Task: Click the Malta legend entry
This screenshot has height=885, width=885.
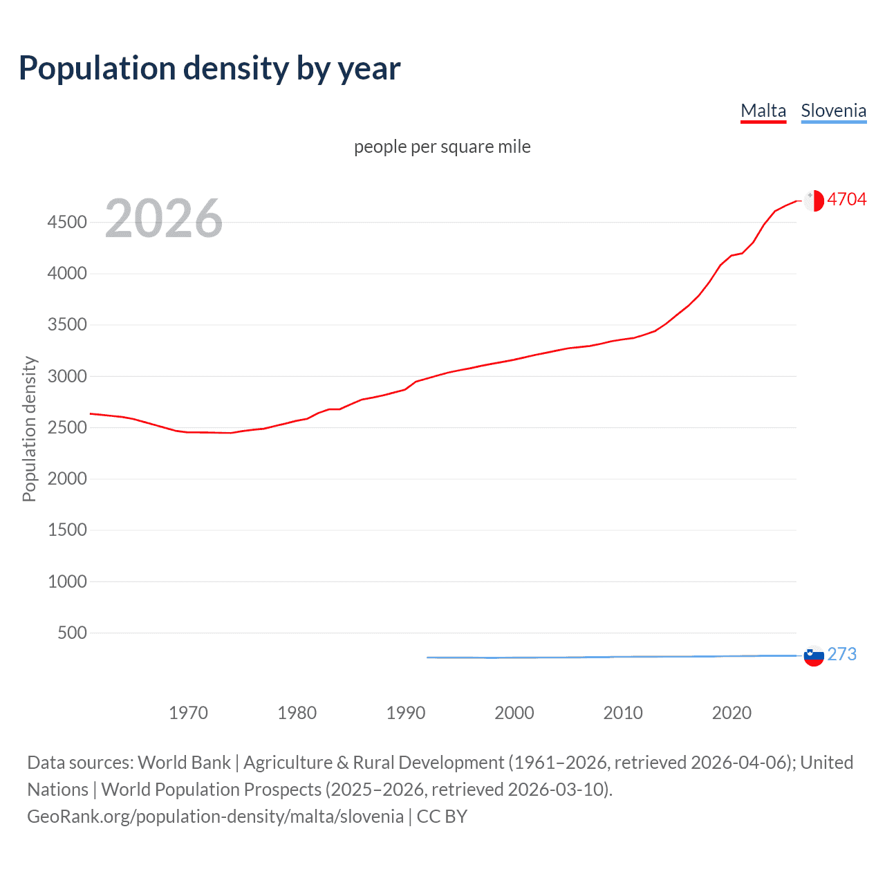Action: (763, 111)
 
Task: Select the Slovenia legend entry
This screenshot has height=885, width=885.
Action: (833, 111)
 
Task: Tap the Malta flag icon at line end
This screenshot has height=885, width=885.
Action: (814, 201)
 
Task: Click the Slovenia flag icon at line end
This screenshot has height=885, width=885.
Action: (814, 655)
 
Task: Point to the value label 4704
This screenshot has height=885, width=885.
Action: (846, 199)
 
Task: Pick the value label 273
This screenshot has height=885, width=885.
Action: (841, 654)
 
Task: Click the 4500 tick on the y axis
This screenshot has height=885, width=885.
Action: (67, 222)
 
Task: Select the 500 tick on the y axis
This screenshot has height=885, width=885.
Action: (73, 633)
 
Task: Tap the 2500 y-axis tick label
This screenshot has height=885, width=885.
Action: (67, 427)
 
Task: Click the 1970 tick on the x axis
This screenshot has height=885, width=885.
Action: (188, 713)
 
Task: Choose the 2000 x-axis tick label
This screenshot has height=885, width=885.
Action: (514, 713)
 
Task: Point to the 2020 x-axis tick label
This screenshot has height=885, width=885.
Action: (732, 713)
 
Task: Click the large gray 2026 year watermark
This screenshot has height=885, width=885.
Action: (164, 218)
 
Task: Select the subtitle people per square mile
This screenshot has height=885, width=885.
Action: (442, 147)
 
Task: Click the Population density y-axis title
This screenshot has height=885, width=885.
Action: (29, 429)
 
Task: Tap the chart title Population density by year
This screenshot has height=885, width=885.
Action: (209, 68)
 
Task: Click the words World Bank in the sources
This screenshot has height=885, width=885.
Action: (184, 763)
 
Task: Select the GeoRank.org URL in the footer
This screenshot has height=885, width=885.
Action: (215, 817)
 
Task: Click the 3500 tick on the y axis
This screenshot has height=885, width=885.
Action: (67, 324)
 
